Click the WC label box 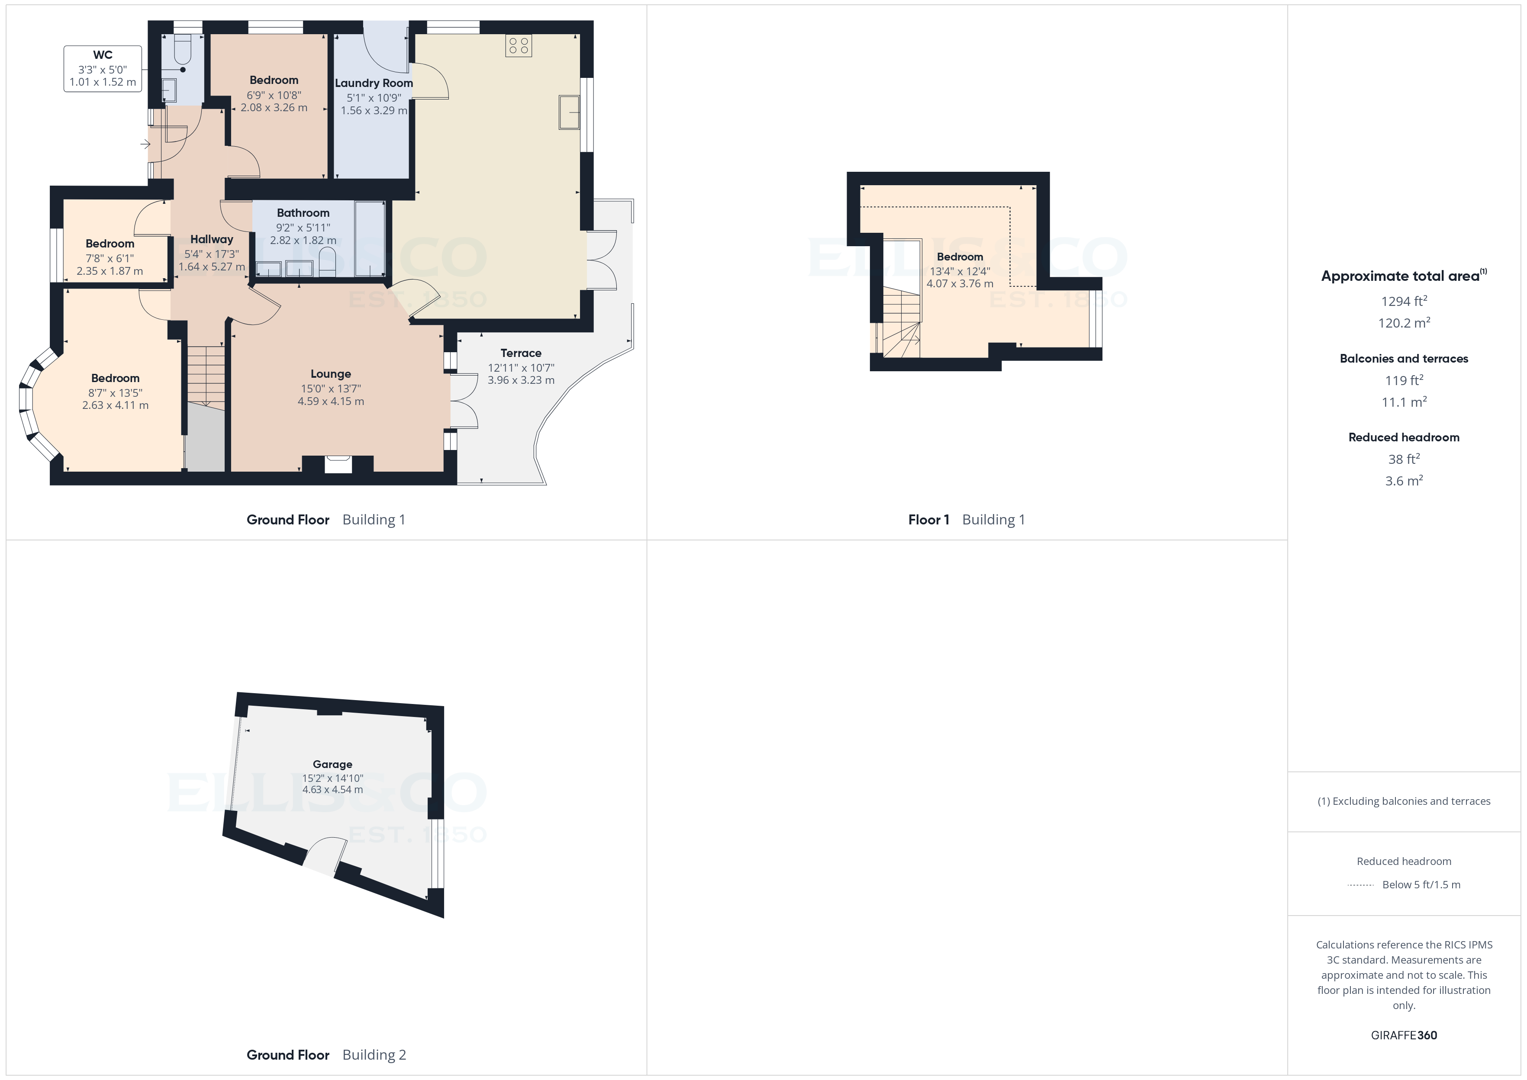(103, 68)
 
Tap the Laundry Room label (374, 83)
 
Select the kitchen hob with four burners (519, 46)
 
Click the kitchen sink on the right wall (569, 112)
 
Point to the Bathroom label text (303, 213)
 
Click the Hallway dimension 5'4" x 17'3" (212, 254)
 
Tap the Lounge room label (331, 374)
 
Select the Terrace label (521, 353)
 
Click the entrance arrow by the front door (145, 144)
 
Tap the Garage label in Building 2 (332, 765)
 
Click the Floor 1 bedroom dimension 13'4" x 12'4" (960, 271)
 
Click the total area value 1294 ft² (1404, 301)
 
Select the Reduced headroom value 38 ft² (1404, 459)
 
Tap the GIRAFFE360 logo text (1404, 1035)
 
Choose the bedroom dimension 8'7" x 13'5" (115, 393)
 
